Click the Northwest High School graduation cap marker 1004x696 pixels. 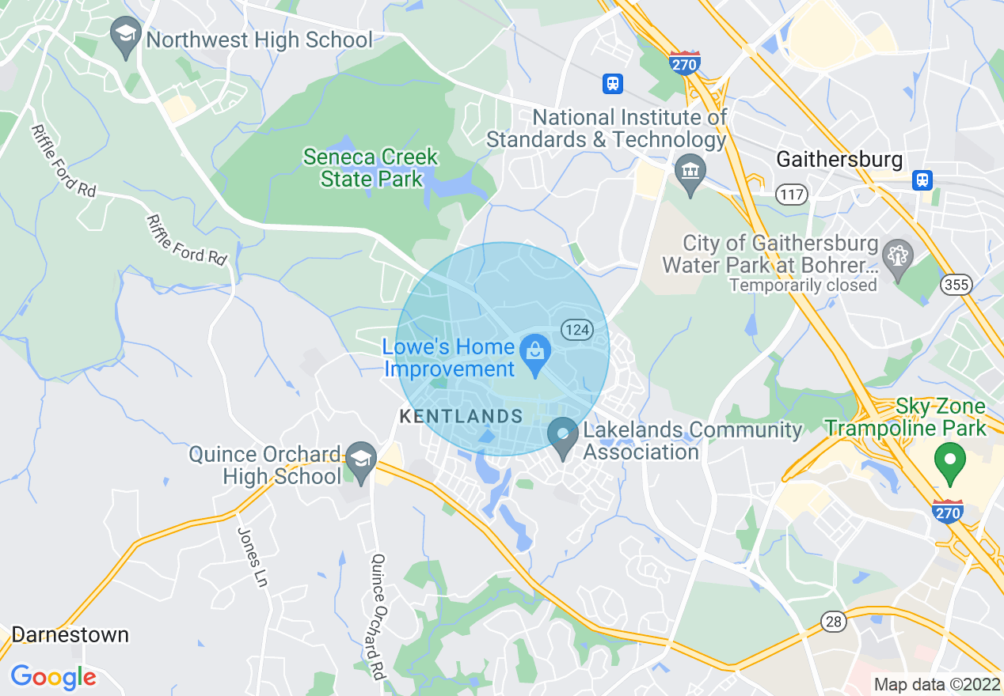(126, 36)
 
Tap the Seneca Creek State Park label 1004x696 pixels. (371, 168)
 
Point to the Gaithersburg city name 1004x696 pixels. (839, 160)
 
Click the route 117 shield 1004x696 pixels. (791, 193)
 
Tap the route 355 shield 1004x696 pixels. (956, 285)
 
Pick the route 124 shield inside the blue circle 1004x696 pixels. (577, 329)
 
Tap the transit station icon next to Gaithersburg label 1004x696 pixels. (922, 180)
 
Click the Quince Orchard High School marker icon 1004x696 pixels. (362, 460)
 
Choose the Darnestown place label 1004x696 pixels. (70, 634)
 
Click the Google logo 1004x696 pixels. (53, 677)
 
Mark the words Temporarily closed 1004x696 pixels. (802, 285)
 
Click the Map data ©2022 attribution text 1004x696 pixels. (936, 684)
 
